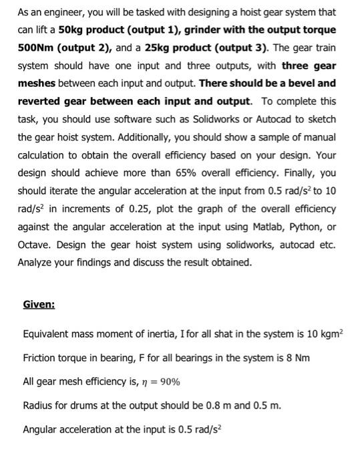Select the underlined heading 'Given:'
tap(39, 304)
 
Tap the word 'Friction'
tap(40, 358)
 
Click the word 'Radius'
tap(39, 405)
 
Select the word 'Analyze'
tap(37, 262)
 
